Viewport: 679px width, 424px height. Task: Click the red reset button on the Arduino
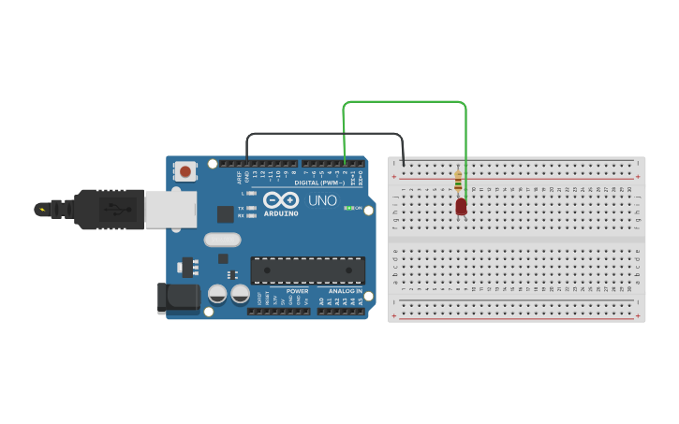tap(185, 171)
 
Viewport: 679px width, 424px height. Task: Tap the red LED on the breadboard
tap(461, 207)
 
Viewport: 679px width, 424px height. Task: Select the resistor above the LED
tap(458, 180)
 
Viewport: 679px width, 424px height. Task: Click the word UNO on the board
tap(322, 200)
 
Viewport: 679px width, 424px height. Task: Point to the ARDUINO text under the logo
tap(281, 213)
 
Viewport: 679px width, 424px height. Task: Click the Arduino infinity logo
tap(281, 200)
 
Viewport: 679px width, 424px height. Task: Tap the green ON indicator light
tap(347, 208)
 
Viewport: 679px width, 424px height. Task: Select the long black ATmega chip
tap(307, 270)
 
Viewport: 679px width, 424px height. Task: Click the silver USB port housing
tap(170, 209)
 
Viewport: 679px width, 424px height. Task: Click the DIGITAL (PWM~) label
tap(319, 183)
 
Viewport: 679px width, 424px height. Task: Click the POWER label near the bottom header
tap(298, 291)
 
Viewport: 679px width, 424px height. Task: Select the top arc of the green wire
tap(405, 101)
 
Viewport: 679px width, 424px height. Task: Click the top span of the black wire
tap(324, 134)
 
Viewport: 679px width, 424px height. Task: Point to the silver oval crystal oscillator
tap(222, 240)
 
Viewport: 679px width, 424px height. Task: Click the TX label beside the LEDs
tap(241, 208)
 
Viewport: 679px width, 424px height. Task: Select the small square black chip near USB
tap(225, 214)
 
